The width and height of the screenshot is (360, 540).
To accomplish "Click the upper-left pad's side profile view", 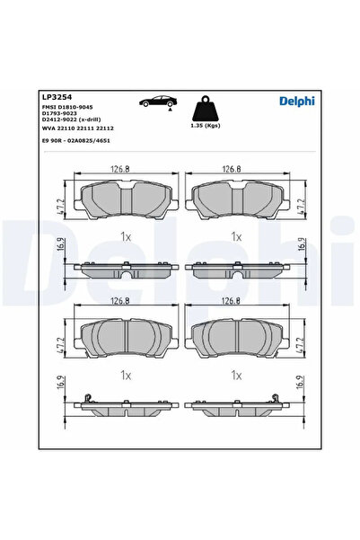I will [x=126, y=269].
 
